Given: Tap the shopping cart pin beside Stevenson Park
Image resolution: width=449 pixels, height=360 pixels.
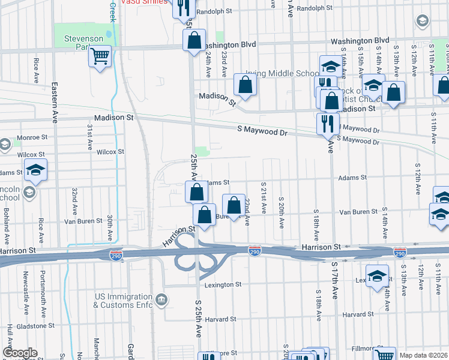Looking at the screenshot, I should [x=100, y=56].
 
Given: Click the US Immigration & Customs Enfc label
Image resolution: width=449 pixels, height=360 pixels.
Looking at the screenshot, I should [x=123, y=301].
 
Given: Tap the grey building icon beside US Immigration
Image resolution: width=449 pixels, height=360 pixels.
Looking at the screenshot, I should [x=160, y=299].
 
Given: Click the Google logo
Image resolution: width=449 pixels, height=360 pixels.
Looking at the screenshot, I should [x=20, y=353].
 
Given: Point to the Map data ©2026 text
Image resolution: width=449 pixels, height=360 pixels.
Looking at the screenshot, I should [x=423, y=355].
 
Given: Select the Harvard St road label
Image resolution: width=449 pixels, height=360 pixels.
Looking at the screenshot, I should [x=358, y=314].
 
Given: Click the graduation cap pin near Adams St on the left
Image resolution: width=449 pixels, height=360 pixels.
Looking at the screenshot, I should [x=36, y=170].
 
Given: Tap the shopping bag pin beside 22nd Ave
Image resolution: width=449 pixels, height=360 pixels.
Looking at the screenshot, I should [x=234, y=205].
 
